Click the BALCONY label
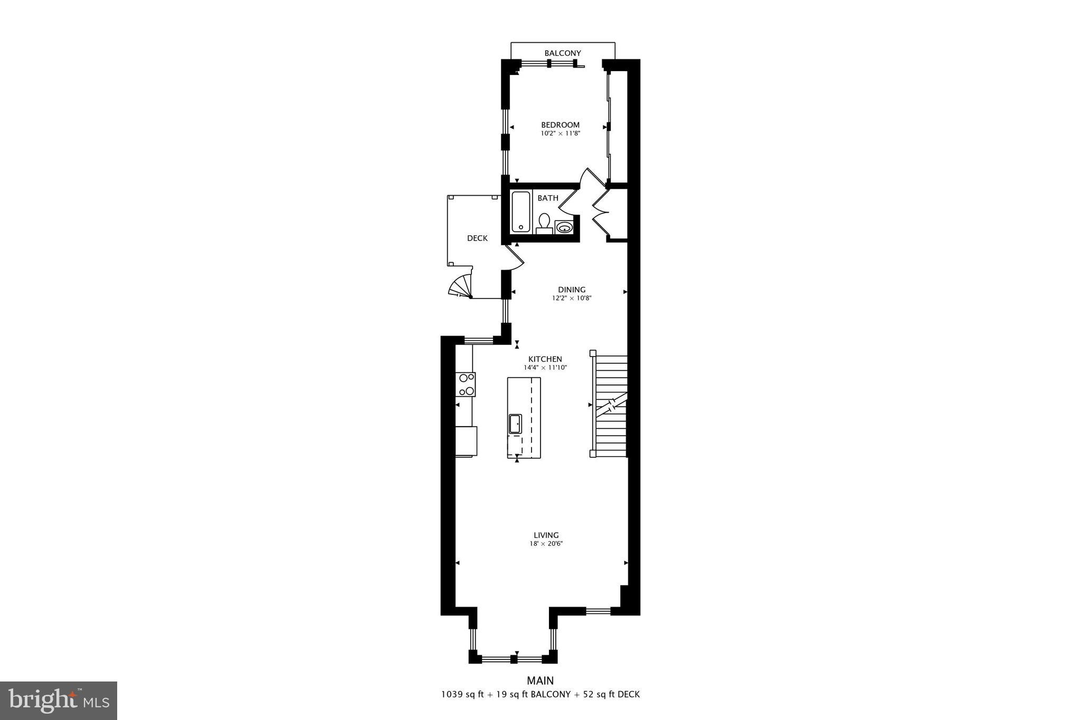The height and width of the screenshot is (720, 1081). [x=563, y=53]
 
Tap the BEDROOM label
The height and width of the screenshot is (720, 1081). [x=560, y=125]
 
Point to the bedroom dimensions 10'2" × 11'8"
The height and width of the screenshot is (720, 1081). [x=560, y=133]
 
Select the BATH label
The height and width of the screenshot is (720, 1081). [x=548, y=198]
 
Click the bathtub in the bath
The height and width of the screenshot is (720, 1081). [x=520, y=212]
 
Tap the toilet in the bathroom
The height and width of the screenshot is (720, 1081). [x=544, y=223]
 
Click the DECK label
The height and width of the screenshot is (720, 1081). [x=477, y=238]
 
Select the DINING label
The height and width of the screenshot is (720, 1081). [x=572, y=290]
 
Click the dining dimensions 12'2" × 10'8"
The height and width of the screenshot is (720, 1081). [x=572, y=298]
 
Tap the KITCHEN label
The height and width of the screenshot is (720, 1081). [x=545, y=359]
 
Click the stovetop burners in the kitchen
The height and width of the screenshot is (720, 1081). [x=97, y=384]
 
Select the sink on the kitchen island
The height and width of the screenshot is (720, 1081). [x=515, y=424]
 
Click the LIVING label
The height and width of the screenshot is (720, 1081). [x=546, y=535]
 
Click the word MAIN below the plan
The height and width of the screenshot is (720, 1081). [x=540, y=681]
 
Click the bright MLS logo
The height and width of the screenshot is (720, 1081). [x=59, y=700]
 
